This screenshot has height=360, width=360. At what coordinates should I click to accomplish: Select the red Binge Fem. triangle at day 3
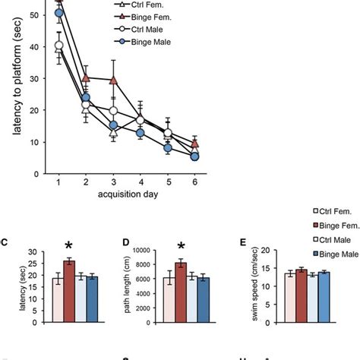point(113,80)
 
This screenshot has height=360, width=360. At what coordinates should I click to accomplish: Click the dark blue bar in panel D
point(203,291)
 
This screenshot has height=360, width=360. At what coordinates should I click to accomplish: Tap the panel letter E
point(242,243)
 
